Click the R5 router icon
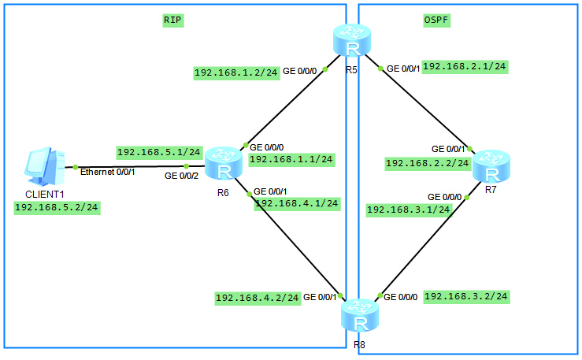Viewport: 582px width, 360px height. (x=352, y=40)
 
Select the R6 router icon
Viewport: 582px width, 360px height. (x=224, y=163)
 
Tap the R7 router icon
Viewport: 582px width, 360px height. (x=491, y=166)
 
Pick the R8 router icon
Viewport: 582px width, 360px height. (x=360, y=315)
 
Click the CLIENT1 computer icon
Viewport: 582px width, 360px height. (x=45, y=166)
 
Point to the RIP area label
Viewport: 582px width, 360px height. (x=172, y=20)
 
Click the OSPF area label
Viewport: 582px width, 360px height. (x=436, y=20)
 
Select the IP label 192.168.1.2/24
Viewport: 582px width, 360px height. (x=236, y=72)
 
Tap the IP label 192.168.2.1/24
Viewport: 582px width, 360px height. (x=465, y=67)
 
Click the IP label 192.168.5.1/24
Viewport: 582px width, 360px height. (x=159, y=152)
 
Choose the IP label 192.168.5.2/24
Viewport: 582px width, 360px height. (x=57, y=207)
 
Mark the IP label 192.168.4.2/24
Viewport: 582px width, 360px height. (x=258, y=298)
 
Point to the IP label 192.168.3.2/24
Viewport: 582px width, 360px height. (x=466, y=296)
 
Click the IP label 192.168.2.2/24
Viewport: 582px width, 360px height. (x=428, y=163)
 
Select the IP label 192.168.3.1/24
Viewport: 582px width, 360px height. (x=409, y=210)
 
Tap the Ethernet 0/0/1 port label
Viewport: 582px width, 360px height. (x=108, y=173)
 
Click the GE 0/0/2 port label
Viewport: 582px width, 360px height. (x=181, y=176)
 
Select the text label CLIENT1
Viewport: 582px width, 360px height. (x=45, y=195)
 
